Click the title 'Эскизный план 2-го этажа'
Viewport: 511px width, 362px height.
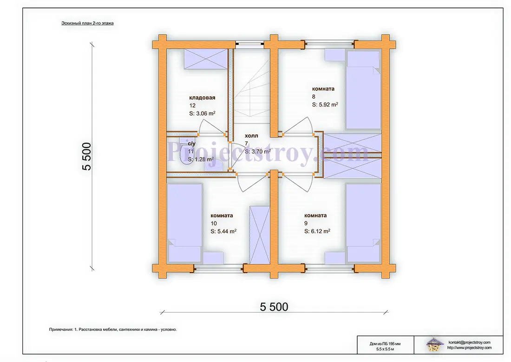[x=87, y=23]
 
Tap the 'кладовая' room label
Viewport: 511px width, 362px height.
[x=202, y=98]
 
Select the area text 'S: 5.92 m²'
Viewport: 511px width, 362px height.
[x=325, y=104]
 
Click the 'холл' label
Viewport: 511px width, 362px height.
[x=251, y=136]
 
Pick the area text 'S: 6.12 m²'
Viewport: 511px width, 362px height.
[x=317, y=231]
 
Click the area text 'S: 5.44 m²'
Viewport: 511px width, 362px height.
[x=223, y=231]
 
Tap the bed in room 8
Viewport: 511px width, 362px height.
[x=363, y=90]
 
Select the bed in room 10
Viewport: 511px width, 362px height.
[x=184, y=223]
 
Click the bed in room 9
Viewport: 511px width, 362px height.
[x=363, y=223]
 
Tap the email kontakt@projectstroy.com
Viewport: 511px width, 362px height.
[x=469, y=342]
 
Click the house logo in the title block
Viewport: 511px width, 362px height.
[x=434, y=345]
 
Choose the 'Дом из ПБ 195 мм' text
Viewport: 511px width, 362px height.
[x=385, y=344]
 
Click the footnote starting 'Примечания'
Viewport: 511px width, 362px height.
[x=113, y=330]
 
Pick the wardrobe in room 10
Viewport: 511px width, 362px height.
[x=260, y=235]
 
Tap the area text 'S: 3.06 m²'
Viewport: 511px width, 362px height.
[x=202, y=114]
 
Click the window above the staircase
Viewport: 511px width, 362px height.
[x=250, y=43]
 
